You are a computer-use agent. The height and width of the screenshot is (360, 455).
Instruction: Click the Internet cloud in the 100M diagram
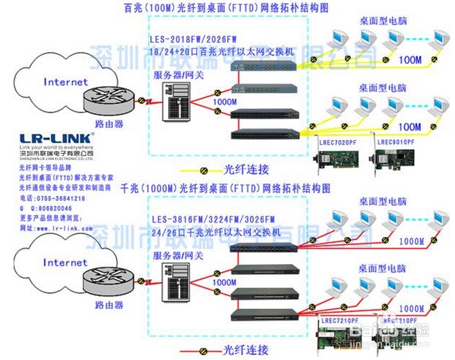click(65, 82)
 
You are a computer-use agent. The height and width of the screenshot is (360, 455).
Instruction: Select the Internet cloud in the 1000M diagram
click(65, 262)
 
